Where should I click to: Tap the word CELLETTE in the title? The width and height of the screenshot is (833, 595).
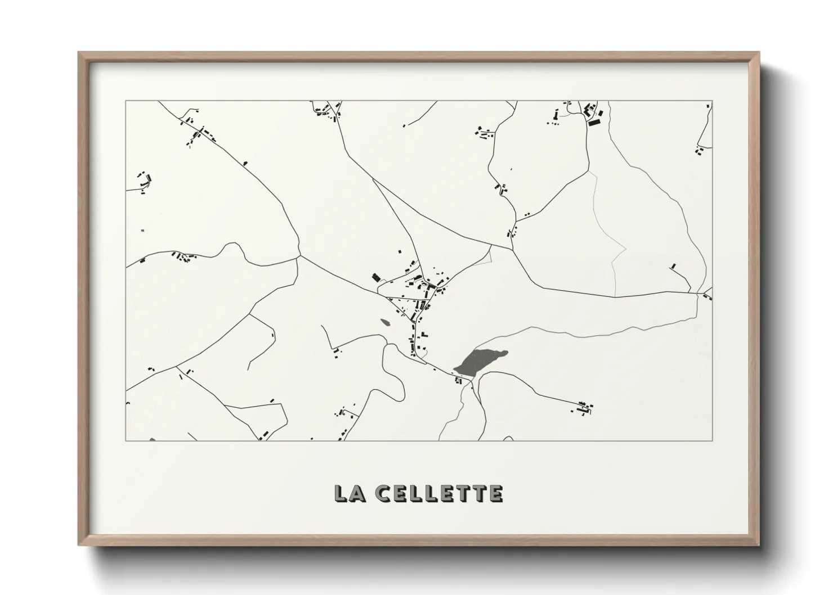click(440, 493)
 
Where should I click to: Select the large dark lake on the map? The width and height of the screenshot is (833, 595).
click(478, 360)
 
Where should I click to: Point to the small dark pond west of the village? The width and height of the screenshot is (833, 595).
click(386, 322)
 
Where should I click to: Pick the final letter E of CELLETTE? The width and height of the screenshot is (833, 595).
click(495, 493)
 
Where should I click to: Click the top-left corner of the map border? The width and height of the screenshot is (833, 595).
click(126, 101)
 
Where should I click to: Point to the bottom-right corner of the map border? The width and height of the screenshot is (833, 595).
click(712, 440)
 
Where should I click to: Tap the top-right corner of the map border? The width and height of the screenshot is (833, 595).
click(712, 101)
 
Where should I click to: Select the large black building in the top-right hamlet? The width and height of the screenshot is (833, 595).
click(594, 120)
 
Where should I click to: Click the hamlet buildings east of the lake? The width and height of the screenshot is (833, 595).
click(584, 407)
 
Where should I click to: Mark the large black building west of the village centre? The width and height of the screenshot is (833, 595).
click(376, 277)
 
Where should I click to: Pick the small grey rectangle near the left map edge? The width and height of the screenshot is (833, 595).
click(142, 231)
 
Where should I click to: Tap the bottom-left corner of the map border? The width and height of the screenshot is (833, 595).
click(126, 440)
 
